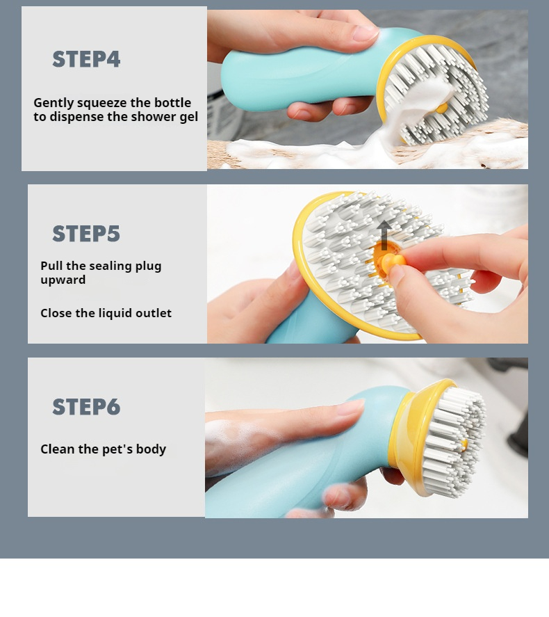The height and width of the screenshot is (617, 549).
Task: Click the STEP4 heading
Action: click(x=86, y=59)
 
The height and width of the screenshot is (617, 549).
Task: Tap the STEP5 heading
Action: click(x=86, y=233)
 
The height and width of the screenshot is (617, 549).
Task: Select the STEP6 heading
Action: click(x=86, y=406)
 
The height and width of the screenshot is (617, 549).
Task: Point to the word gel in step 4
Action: click(x=188, y=117)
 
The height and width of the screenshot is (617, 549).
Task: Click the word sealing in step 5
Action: click(x=110, y=266)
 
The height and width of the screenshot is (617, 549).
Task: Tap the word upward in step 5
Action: click(x=63, y=280)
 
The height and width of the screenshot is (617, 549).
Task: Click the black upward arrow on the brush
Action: click(x=384, y=235)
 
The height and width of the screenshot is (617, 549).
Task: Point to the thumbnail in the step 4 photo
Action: click(x=364, y=33)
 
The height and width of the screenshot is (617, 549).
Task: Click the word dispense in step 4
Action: click(x=76, y=117)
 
